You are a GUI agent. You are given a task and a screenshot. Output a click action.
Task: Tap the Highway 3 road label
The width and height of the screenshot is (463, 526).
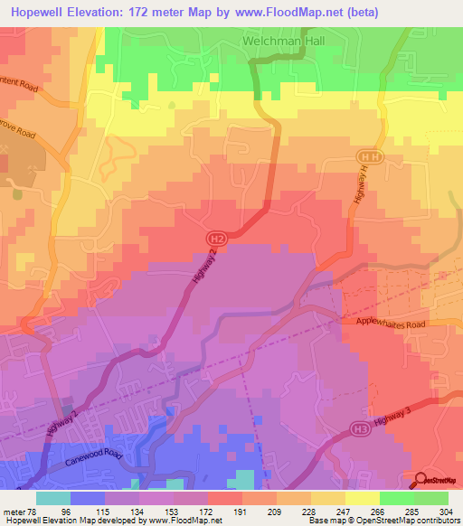(409, 410)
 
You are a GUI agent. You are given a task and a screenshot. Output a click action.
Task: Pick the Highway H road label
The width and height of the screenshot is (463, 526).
(357, 192)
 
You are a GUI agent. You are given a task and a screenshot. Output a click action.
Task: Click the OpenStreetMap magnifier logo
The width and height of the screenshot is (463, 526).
(421, 480)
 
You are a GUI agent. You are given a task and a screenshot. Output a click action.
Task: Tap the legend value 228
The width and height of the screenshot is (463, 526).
(309, 511)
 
